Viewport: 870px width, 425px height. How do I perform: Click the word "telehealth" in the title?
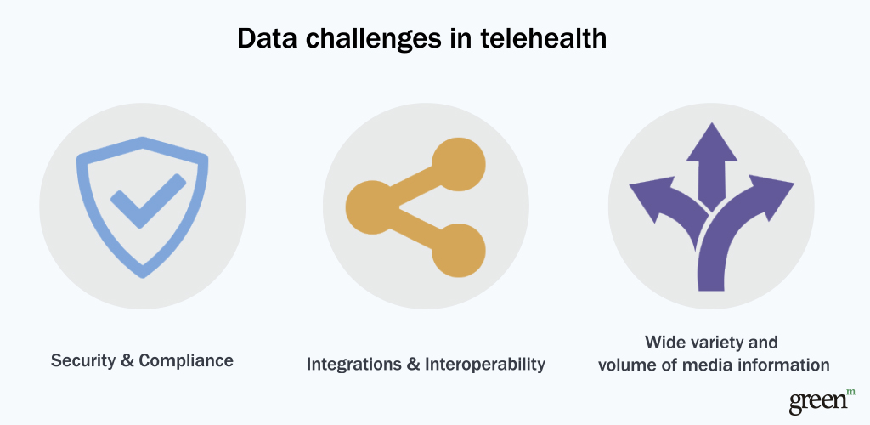[x=543, y=38]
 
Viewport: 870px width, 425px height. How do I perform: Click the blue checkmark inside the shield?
[x=148, y=201]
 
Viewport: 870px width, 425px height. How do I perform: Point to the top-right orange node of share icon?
[x=458, y=164]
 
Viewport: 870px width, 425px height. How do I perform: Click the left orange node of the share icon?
[x=373, y=207]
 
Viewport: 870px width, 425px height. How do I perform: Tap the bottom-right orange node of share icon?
[x=458, y=251]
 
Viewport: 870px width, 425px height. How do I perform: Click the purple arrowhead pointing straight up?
[x=712, y=143]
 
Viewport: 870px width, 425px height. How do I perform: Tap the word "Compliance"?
[x=186, y=361]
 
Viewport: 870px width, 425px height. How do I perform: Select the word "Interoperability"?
[x=485, y=365]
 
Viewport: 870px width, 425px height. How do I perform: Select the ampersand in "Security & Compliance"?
[x=127, y=361]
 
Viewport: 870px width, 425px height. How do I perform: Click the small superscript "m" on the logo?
[x=851, y=392]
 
